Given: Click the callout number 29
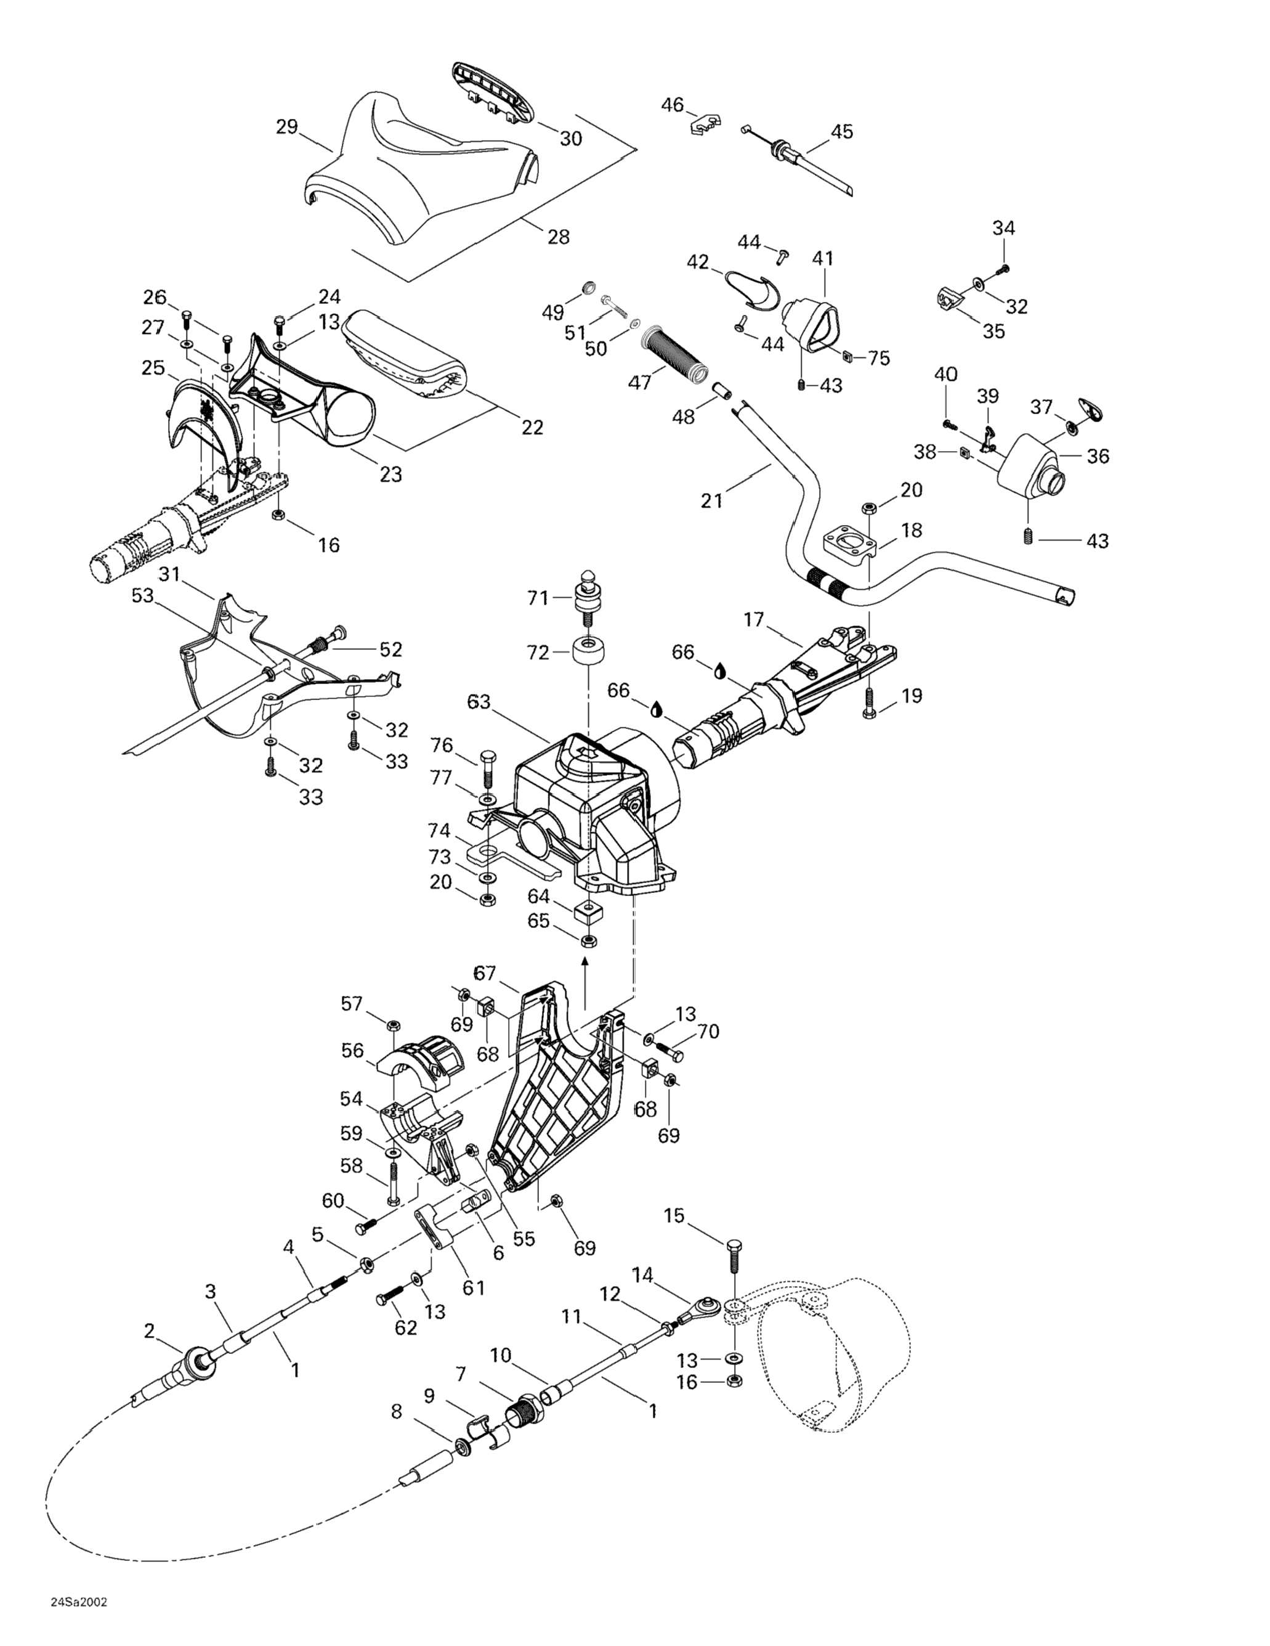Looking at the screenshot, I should [287, 126].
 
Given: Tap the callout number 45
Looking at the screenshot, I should [841, 132].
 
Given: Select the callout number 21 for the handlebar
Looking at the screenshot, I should [712, 500].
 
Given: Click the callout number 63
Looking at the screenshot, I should [479, 703].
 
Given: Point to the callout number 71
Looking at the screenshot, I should [538, 598].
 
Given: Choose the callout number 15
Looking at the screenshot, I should [674, 1216].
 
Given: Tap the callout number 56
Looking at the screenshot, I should [352, 1050].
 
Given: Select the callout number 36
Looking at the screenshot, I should [1098, 456].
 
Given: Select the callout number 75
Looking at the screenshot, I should [879, 358].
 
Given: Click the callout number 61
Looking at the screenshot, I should [474, 1288].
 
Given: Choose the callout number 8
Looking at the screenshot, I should [397, 1412].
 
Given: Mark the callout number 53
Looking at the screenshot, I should [142, 595].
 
